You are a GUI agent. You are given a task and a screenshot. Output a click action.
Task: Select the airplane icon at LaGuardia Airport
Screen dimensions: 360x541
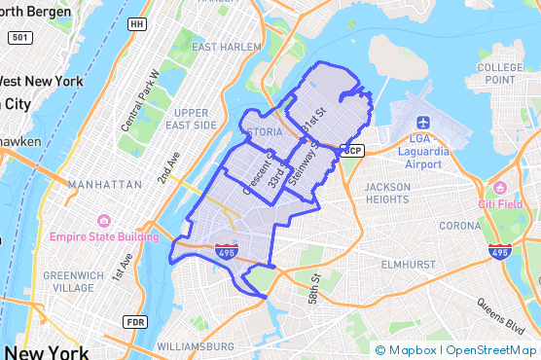click(x=423, y=123)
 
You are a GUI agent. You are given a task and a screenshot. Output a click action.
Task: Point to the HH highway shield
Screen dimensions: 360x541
click(x=136, y=22)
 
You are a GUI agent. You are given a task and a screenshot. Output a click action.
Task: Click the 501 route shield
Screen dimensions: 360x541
click(x=18, y=37)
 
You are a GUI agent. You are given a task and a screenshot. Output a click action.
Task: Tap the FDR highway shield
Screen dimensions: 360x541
click(x=134, y=322)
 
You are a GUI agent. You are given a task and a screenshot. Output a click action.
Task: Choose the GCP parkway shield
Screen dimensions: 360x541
click(x=352, y=150)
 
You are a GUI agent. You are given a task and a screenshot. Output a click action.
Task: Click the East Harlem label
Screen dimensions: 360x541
click(x=229, y=47)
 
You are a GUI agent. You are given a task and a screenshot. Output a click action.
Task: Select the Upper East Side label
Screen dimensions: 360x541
click(x=191, y=119)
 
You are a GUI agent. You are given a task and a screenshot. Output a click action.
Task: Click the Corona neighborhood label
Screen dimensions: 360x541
click(x=459, y=226)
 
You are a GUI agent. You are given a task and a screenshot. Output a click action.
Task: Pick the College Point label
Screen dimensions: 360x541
click(x=501, y=72)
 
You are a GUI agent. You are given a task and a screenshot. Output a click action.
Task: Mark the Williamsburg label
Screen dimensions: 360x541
click(x=195, y=345)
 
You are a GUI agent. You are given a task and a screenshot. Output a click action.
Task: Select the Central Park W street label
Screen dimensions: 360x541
click(x=139, y=101)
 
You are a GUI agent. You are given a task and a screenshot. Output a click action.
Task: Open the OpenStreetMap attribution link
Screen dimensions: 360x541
click(x=493, y=350)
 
